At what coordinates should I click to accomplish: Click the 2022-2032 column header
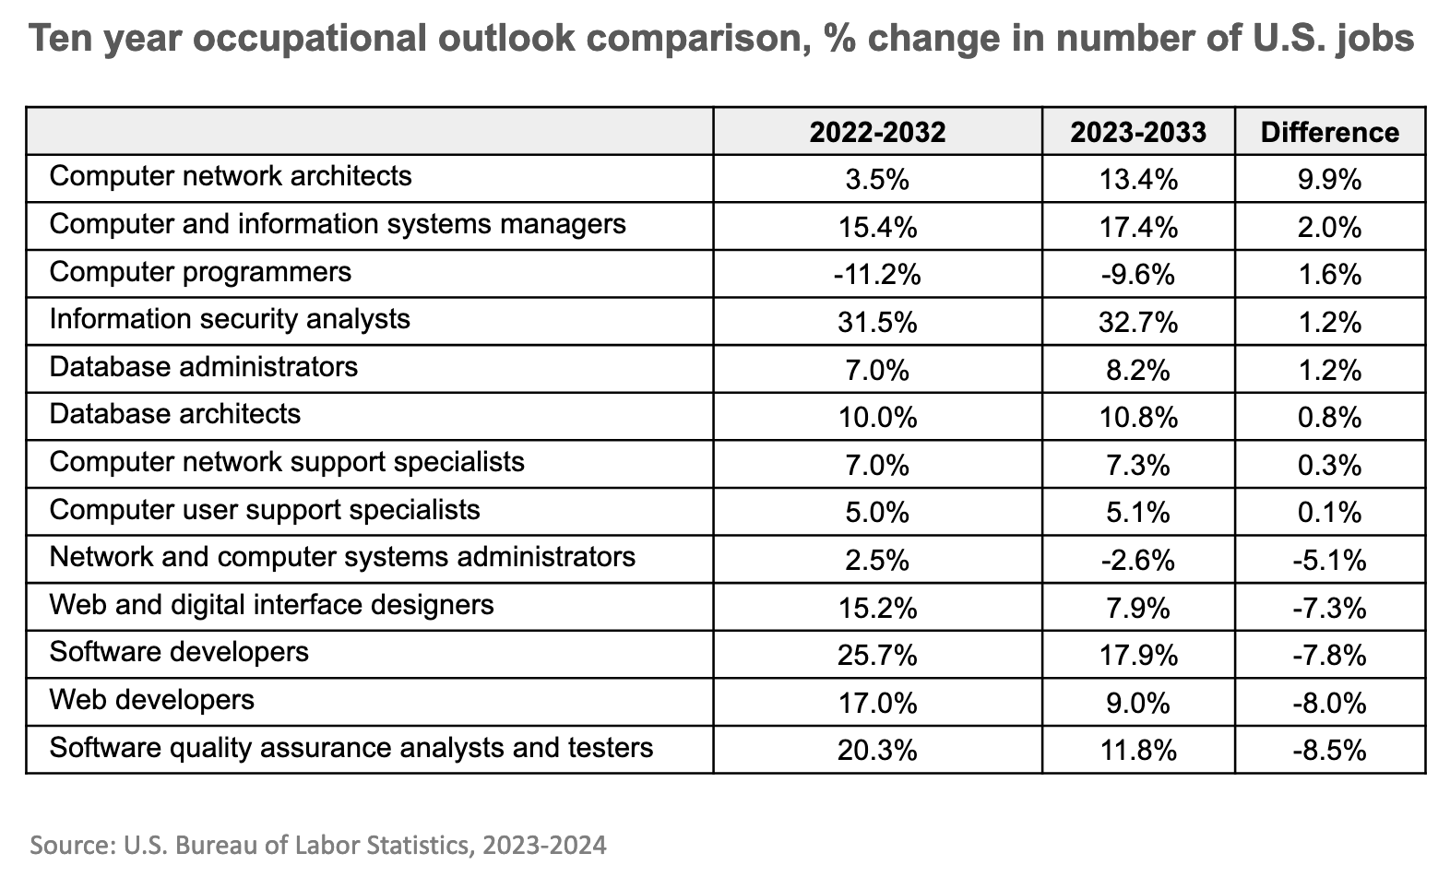[877, 133]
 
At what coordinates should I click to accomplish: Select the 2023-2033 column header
[1138, 133]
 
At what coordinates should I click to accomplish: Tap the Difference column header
[1329, 133]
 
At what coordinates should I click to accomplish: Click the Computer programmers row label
[200, 273]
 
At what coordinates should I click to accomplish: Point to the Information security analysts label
[230, 320]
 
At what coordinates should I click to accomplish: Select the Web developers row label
[151, 700]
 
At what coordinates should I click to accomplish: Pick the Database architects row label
[175, 414]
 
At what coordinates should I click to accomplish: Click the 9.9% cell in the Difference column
[1329, 180]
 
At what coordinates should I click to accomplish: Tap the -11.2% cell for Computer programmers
[877, 275]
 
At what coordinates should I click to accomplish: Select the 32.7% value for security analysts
[1138, 323]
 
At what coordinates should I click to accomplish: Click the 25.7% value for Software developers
[877, 655]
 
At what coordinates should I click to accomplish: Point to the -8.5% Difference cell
[1329, 750]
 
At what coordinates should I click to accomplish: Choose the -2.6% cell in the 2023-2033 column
[1138, 560]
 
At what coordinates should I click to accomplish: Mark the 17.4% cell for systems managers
[1138, 228]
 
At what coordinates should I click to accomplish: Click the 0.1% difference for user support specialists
[1329, 513]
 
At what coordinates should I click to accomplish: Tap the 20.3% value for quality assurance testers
[877, 750]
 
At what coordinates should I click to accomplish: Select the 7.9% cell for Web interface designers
[1138, 608]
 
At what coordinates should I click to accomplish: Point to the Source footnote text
[318, 845]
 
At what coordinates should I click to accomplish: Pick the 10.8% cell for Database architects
[1138, 418]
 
